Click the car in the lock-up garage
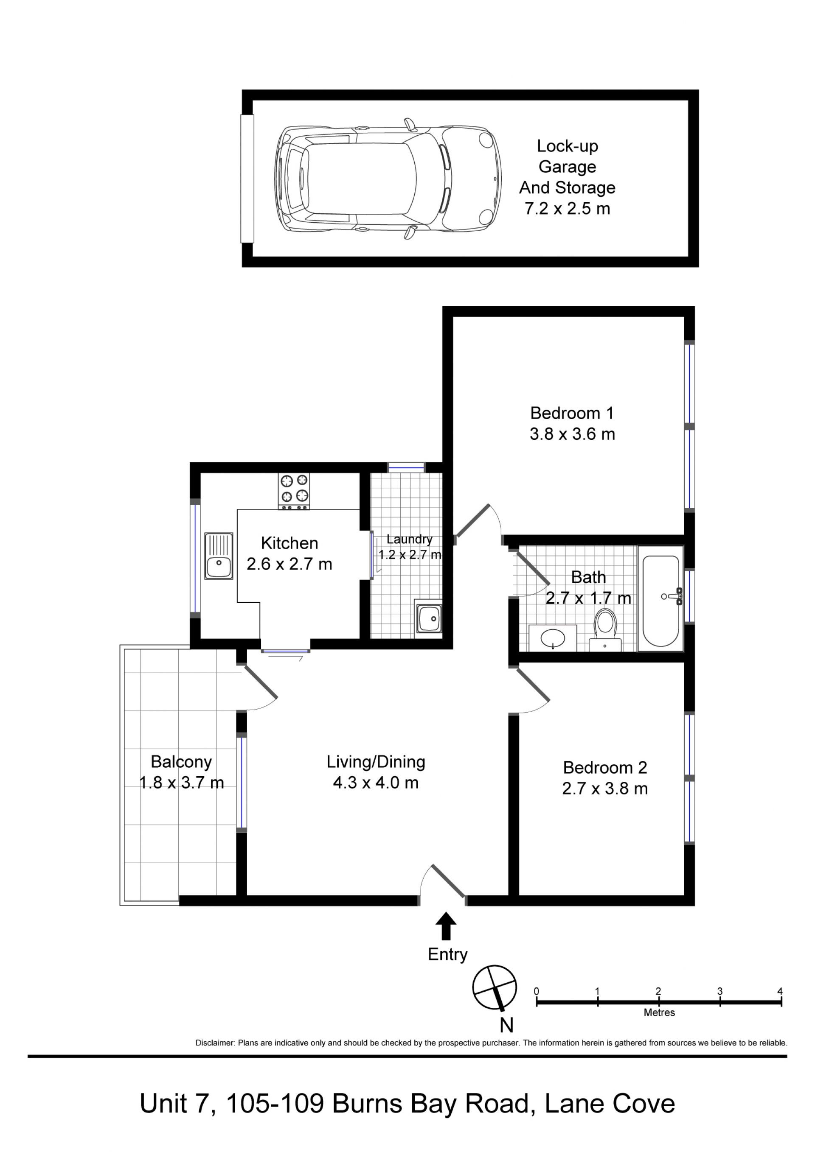click(x=388, y=179)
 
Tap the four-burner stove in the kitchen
click(x=294, y=492)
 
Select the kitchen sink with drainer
click(x=219, y=556)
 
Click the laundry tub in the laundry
click(x=428, y=619)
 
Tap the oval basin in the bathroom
click(x=553, y=638)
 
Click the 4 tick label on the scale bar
click(x=780, y=991)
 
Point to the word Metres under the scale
click(x=659, y=1012)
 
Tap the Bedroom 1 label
click(x=572, y=413)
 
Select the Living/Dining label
click(x=376, y=762)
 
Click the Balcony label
click(x=181, y=762)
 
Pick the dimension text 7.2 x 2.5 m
click(x=568, y=208)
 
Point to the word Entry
click(x=447, y=954)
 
